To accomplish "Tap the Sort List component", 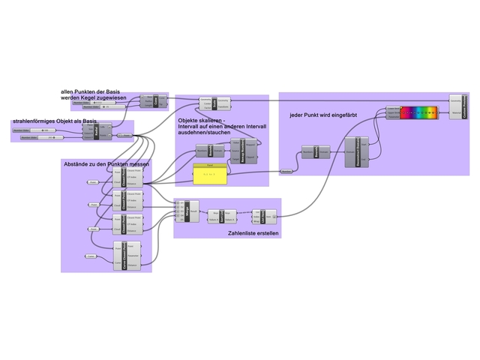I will point(223,217).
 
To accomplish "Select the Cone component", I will point(157,102).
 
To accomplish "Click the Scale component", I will point(214,103).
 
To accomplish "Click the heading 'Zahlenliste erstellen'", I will point(253,233).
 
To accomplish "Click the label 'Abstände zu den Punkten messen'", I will point(106,163).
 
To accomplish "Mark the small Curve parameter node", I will point(125,136).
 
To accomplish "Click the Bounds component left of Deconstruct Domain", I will point(316,152).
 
